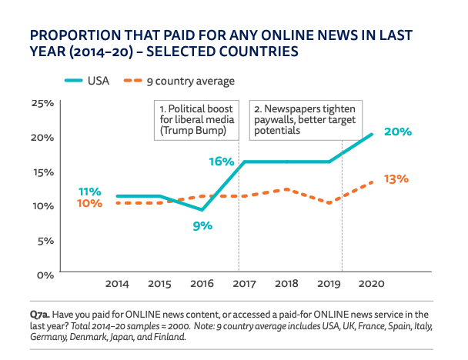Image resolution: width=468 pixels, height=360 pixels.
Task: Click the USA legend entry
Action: click(85, 80)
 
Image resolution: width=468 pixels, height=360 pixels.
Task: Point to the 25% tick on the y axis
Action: click(42, 102)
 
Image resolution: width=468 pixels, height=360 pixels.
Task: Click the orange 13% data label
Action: click(396, 178)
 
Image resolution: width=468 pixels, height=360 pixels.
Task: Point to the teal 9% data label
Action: click(202, 225)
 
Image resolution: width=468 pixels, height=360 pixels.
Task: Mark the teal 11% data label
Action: click(89, 191)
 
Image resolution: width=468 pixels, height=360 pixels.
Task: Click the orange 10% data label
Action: click(89, 204)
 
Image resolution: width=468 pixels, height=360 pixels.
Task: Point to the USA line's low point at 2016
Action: click(201, 210)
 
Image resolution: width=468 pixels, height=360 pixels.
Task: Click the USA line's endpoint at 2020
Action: click(373, 135)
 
